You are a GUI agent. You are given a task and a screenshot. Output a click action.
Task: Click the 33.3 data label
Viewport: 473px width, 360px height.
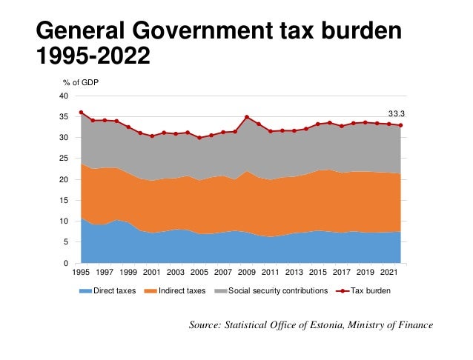(x=402, y=114)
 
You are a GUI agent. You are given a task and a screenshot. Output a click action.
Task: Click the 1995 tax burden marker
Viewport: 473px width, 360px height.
(x=81, y=113)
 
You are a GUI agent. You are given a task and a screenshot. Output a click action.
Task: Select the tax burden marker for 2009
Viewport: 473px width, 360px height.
(x=247, y=117)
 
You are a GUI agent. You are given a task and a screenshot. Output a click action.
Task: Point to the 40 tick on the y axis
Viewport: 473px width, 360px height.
(x=64, y=96)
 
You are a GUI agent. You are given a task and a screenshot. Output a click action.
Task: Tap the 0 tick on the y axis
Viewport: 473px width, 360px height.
(x=67, y=264)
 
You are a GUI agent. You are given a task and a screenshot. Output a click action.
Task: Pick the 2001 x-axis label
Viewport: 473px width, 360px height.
(x=152, y=273)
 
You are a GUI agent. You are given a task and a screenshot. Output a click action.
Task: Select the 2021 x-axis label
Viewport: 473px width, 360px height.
(x=389, y=273)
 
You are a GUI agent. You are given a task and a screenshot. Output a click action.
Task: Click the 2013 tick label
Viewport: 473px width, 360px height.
(x=294, y=273)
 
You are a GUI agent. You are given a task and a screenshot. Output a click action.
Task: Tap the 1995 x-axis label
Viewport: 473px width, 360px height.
(x=81, y=273)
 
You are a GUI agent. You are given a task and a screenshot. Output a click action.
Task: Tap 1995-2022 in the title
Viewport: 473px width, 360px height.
(x=93, y=56)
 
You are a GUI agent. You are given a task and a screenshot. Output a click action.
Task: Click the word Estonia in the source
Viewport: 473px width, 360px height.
(x=325, y=325)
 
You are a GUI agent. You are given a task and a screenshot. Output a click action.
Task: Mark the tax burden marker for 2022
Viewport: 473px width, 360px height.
(x=401, y=125)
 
